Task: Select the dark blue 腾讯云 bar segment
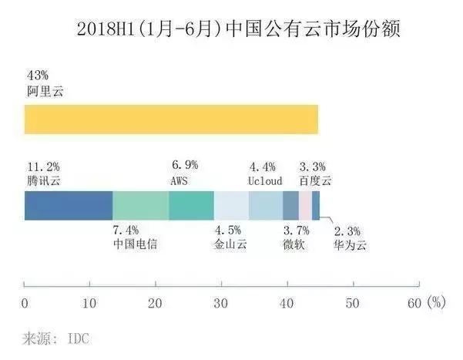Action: tap(69, 206)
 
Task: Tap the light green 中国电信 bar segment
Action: tap(140, 206)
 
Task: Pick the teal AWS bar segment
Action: tap(191, 206)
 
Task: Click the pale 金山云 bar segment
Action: tap(231, 206)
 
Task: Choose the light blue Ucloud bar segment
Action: tap(265, 206)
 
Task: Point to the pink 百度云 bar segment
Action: tap(305, 206)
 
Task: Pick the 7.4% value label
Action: tap(127, 230)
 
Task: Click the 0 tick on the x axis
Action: tap(25, 303)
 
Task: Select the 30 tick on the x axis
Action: tap(221, 303)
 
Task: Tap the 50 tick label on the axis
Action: tap(352, 303)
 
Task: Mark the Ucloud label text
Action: tap(265, 180)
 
